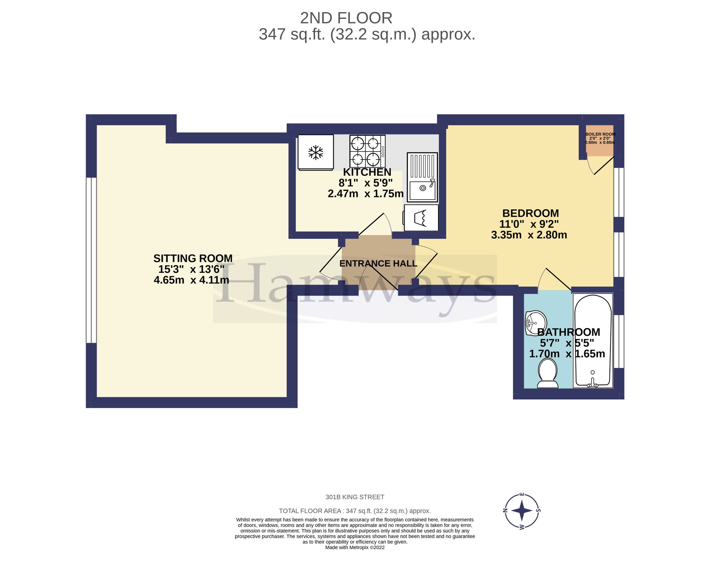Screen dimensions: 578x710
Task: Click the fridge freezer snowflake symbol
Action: tap(315, 153)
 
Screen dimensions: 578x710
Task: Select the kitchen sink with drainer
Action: tap(422, 177)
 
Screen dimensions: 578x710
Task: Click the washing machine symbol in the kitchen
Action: tap(421, 218)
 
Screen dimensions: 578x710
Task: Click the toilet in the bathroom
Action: tap(547, 374)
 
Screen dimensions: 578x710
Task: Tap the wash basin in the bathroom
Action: tap(536, 323)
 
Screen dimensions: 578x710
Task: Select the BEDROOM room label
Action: tap(530, 213)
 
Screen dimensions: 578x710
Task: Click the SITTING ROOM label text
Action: tap(193, 258)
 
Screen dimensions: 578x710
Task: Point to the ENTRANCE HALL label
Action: tap(378, 263)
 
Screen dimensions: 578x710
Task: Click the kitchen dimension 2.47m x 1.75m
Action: tap(365, 194)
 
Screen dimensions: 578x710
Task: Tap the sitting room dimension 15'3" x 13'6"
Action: tap(191, 269)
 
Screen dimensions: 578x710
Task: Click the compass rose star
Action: tap(521, 511)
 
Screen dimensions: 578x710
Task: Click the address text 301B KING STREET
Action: tap(354, 497)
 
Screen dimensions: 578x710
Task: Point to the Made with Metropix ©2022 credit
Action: tap(354, 547)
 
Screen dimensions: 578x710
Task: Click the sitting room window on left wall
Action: tap(91, 260)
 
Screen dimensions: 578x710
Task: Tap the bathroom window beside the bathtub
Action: tap(619, 341)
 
